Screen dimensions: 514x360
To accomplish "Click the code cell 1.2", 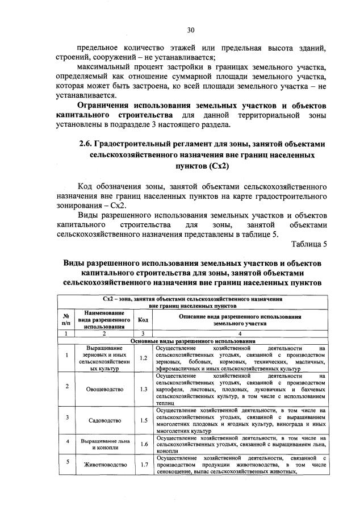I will (x=144, y=358).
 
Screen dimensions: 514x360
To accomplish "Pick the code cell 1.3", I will (x=144, y=390).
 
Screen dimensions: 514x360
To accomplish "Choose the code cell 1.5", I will (x=144, y=420).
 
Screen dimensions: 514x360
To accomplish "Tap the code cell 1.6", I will (x=144, y=444).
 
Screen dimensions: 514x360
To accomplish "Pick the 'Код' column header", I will (x=144, y=320).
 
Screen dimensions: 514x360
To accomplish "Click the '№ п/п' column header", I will (x=66, y=320).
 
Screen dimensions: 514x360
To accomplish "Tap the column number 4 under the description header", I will (x=239, y=334).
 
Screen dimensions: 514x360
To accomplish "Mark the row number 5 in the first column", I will (x=66, y=462).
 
